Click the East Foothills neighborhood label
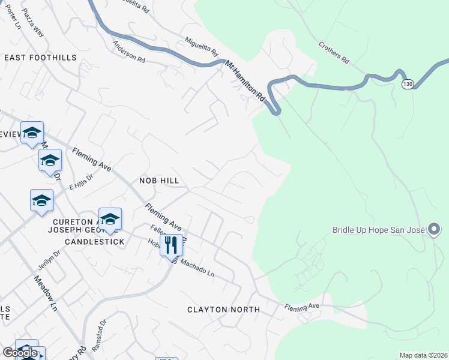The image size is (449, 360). [40, 58]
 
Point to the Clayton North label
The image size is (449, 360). [223, 310]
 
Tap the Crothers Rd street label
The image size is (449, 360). [334, 53]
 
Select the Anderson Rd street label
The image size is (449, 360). [129, 52]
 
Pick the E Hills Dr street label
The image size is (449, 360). [81, 182]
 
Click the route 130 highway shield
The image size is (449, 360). [408, 84]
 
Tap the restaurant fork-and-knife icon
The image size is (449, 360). [171, 245]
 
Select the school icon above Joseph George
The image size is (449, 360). [110, 220]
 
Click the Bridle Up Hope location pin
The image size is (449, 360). [435, 229]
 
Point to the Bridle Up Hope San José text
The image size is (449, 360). [379, 230]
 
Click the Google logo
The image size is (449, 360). [20, 353]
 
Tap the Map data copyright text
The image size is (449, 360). [423, 355]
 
